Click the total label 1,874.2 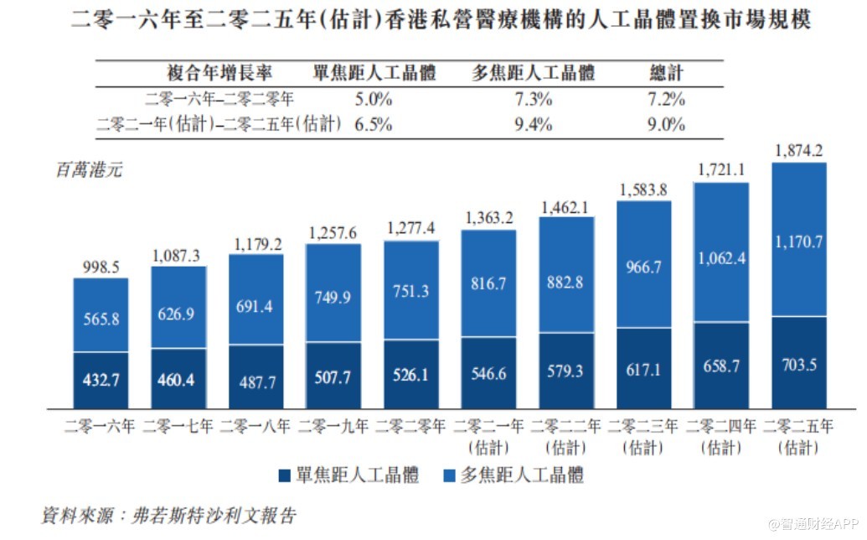[x=798, y=151]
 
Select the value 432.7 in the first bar [x=101, y=380]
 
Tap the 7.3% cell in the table [x=534, y=99]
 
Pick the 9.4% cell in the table [x=534, y=125]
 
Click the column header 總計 [x=667, y=73]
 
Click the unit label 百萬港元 [x=89, y=169]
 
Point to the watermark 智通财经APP [x=814, y=523]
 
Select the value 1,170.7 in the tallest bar [x=798, y=243]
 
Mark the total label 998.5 [x=101, y=267]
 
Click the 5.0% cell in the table [x=373, y=99]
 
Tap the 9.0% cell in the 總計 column [x=667, y=125]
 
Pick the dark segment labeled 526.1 [x=410, y=375]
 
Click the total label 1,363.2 [x=488, y=218]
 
